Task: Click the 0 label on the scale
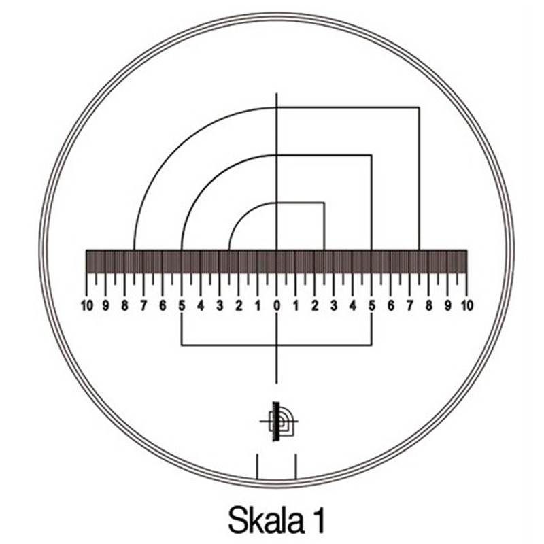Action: pos(277,305)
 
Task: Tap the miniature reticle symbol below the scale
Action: pos(279,422)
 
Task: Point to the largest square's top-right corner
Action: pos(419,107)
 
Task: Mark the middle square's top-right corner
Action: pos(371,155)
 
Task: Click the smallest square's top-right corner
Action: pos(324,203)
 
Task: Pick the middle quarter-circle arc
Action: pos(209,183)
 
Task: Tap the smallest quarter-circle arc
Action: pos(243,216)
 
